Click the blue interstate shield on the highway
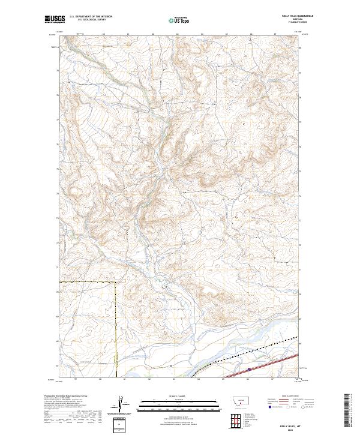click(249, 370)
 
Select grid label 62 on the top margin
click(152, 34)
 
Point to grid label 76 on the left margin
click(58, 145)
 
